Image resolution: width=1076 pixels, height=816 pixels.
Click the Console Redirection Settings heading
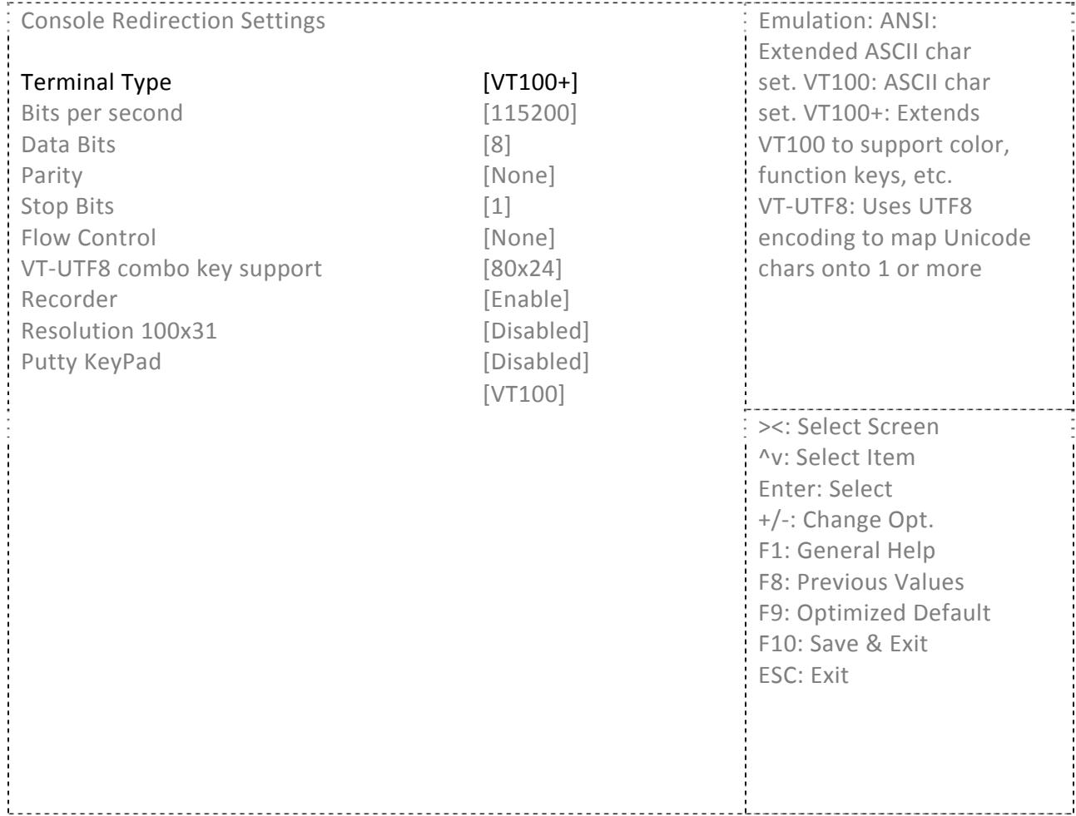tap(172, 21)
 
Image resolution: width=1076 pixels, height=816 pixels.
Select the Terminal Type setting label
tap(96, 82)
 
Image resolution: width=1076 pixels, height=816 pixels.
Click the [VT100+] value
tap(529, 82)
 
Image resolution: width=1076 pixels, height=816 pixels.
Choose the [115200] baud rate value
tap(529, 113)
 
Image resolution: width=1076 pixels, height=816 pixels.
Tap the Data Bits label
tap(68, 145)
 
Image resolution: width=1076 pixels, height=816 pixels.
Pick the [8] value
tap(497, 145)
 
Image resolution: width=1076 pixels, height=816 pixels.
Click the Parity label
tap(52, 176)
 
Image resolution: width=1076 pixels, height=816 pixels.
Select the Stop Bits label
tap(67, 206)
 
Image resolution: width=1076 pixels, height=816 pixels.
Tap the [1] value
tap(497, 206)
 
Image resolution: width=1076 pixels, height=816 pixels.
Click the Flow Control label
tap(88, 238)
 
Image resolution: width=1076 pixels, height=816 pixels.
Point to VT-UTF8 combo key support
tap(171, 269)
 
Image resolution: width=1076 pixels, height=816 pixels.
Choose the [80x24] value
tap(522, 269)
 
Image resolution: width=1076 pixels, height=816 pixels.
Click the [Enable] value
tap(526, 299)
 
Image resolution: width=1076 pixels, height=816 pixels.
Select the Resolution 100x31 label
tap(119, 330)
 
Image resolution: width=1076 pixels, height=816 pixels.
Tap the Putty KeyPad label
tap(92, 362)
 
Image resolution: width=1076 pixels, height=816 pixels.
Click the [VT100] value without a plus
tap(523, 393)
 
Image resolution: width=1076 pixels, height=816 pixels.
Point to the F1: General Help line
tap(846, 551)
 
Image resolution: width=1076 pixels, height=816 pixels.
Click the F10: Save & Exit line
tap(843, 644)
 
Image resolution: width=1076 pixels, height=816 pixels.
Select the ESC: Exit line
tap(803, 675)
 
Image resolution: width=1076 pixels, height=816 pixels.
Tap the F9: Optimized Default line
tap(874, 613)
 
